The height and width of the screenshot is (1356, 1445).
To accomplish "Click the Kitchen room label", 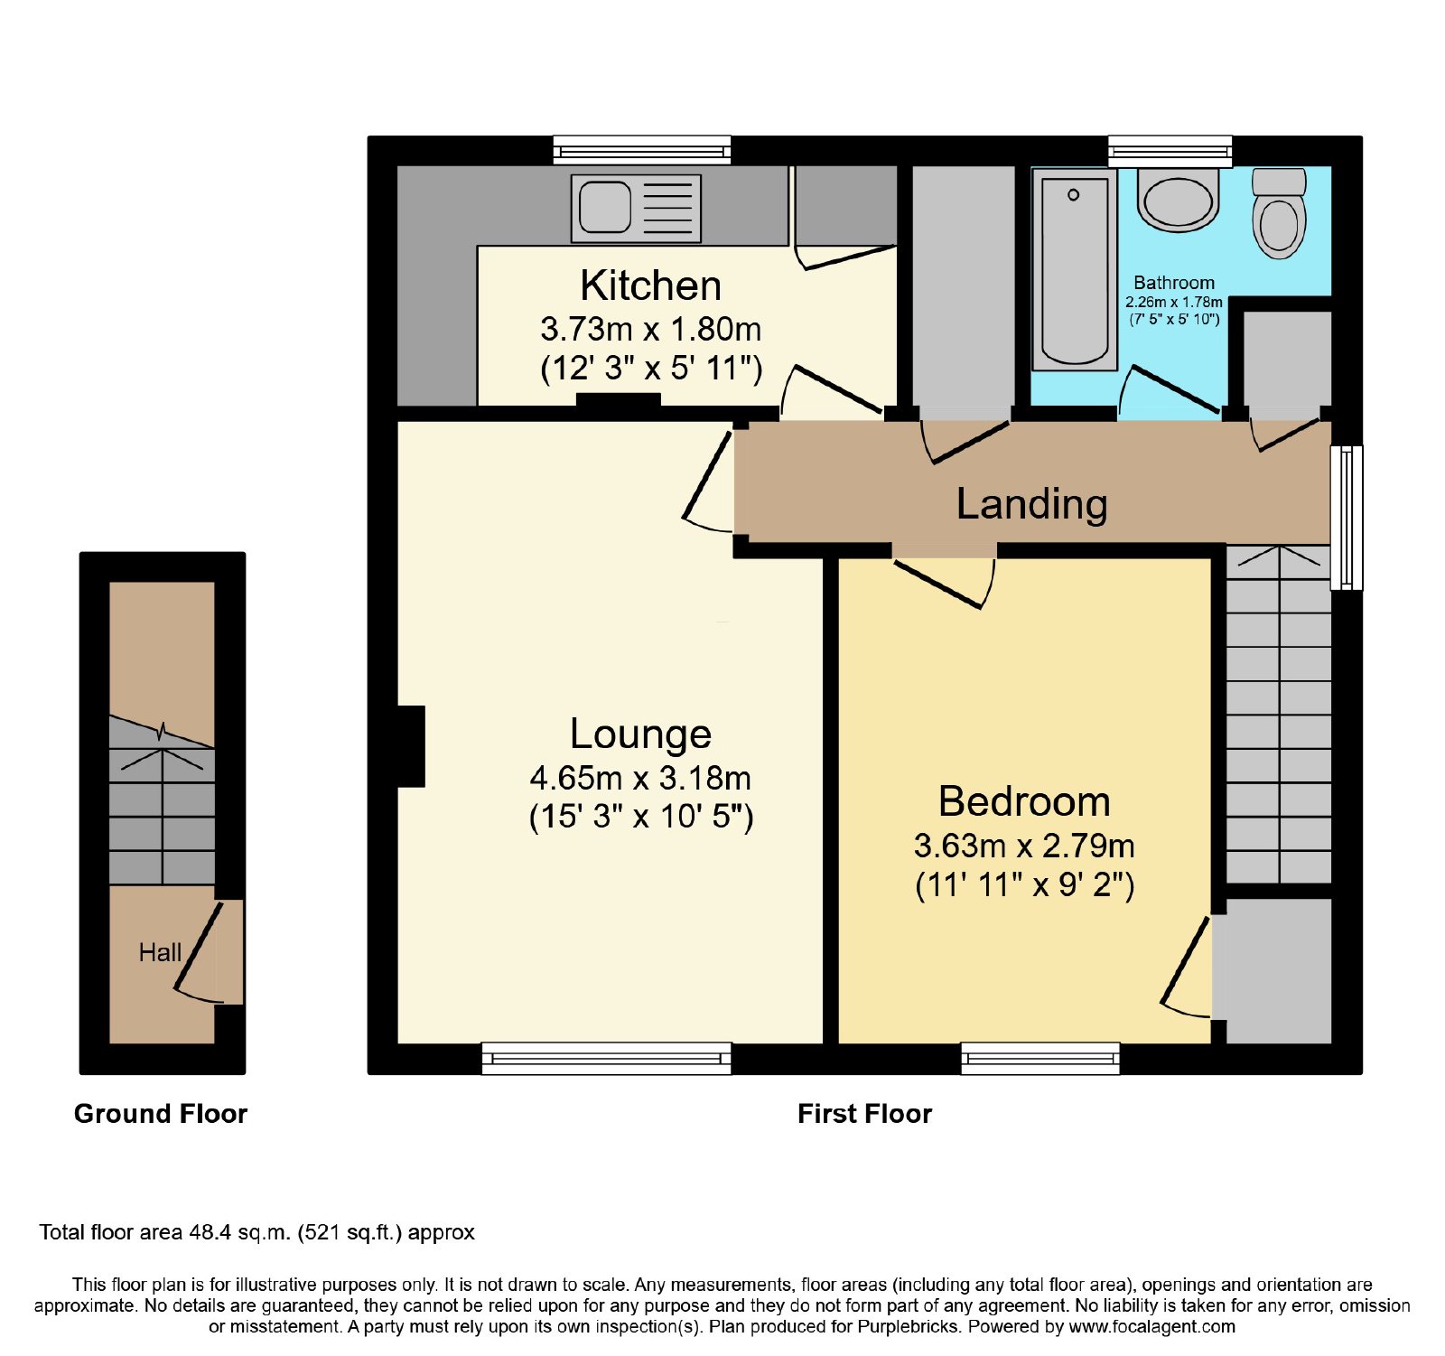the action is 650,285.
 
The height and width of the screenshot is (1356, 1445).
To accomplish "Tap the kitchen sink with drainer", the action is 636,208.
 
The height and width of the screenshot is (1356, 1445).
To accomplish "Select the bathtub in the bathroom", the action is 1075,269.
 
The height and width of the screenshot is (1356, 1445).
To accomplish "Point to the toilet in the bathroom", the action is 1279,213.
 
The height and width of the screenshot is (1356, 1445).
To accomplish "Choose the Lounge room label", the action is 640,734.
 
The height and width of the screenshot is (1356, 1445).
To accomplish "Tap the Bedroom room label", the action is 1024,801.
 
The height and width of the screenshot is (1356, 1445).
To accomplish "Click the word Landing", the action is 1031,504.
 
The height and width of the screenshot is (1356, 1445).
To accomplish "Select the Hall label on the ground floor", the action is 160,952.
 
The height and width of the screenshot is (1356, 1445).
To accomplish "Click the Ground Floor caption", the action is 161,1114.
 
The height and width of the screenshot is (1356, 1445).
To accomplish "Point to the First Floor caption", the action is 864,1114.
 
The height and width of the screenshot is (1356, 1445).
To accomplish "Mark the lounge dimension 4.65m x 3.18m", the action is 640,778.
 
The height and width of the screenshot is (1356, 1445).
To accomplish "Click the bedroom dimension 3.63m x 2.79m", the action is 1024,846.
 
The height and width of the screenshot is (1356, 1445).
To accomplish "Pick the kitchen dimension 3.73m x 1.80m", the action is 650,330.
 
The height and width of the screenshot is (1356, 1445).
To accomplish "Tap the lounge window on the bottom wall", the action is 606,1058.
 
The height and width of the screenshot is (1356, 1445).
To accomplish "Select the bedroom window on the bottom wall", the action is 1040,1058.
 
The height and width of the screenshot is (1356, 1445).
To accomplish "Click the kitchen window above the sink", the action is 642,150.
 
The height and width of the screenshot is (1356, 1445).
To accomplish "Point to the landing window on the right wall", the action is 1347,518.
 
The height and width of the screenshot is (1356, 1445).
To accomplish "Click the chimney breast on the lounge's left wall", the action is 411,746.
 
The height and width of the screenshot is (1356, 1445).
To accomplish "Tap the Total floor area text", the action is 256,1232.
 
